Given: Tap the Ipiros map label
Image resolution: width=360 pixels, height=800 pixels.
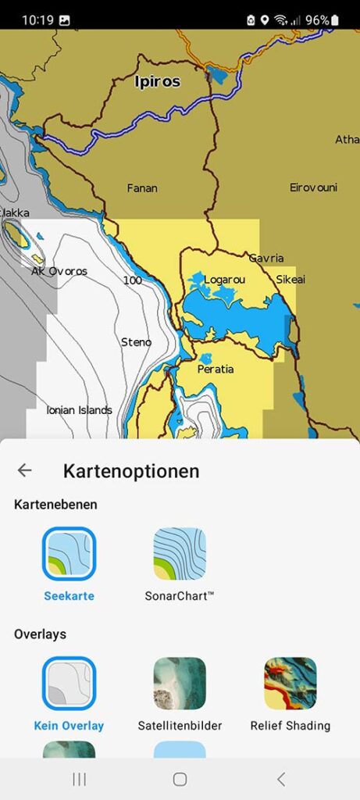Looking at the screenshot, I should pyautogui.click(x=157, y=81).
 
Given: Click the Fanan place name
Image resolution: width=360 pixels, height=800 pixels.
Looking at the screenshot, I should pyautogui.click(x=142, y=188).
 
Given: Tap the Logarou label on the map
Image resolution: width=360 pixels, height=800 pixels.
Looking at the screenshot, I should pyautogui.click(x=225, y=280).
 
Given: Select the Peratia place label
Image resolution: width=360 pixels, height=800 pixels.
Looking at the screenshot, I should pyautogui.click(x=216, y=369).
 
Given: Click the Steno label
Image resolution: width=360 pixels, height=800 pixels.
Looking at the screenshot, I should pyautogui.click(x=137, y=342).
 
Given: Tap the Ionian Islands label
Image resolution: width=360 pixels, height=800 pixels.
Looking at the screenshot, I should pyautogui.click(x=79, y=410).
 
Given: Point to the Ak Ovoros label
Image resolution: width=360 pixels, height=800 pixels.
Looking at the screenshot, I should pyautogui.click(x=59, y=272).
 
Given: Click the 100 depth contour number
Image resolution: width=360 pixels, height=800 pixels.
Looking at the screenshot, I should pyautogui.click(x=132, y=280).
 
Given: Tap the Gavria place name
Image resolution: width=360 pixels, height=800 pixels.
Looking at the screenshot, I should pyautogui.click(x=266, y=258).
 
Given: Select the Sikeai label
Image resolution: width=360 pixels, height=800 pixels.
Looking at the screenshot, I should pyautogui.click(x=290, y=280).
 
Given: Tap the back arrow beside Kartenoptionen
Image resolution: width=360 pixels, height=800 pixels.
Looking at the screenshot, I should pyautogui.click(x=25, y=470).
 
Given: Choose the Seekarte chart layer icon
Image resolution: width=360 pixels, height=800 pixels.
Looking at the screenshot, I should pyautogui.click(x=70, y=553).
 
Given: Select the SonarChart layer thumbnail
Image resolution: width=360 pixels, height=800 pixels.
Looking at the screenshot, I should pyautogui.click(x=180, y=553).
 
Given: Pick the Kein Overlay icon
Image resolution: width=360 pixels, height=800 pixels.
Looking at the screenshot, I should pyautogui.click(x=70, y=683).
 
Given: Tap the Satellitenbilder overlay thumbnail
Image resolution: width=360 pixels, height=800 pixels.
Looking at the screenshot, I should pyautogui.click(x=180, y=683).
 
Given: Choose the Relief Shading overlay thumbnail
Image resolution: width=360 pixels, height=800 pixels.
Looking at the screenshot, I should pyautogui.click(x=290, y=683).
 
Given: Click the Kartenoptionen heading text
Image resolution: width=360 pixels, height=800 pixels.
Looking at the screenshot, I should pyautogui.click(x=131, y=471).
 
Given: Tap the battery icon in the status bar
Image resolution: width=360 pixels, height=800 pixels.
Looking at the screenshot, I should pyautogui.click(x=335, y=20).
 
